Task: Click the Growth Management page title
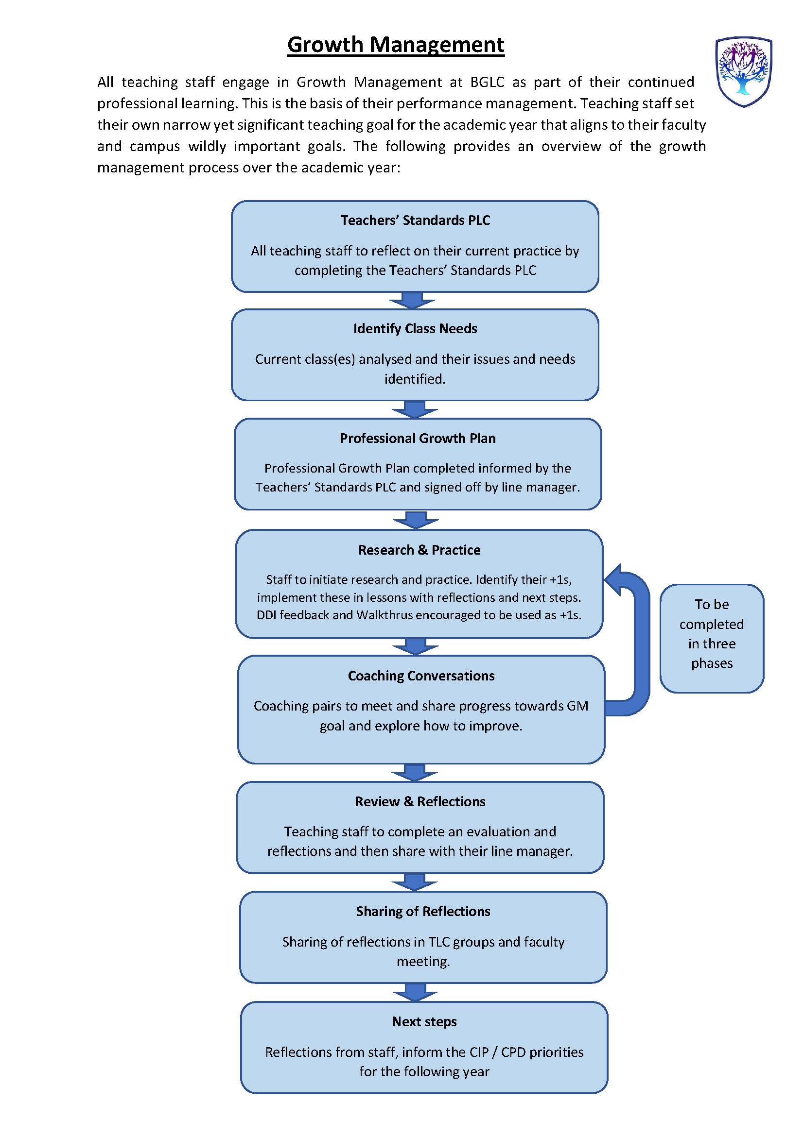pyautogui.click(x=396, y=45)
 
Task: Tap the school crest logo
pyautogui.click(x=744, y=72)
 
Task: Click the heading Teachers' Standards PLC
pyautogui.click(x=415, y=220)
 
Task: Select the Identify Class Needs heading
pyautogui.click(x=415, y=328)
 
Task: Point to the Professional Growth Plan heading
pyautogui.click(x=418, y=438)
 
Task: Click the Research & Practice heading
pyautogui.click(x=419, y=550)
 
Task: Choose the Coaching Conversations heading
pyautogui.click(x=421, y=676)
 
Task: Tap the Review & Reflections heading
pyautogui.click(x=420, y=801)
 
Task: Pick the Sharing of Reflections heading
pyautogui.click(x=423, y=911)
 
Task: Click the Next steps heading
pyautogui.click(x=424, y=1021)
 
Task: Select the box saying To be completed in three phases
pyautogui.click(x=712, y=638)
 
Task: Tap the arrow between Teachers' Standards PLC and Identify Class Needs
pyautogui.click(x=412, y=300)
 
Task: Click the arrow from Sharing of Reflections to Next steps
pyautogui.click(x=415, y=992)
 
